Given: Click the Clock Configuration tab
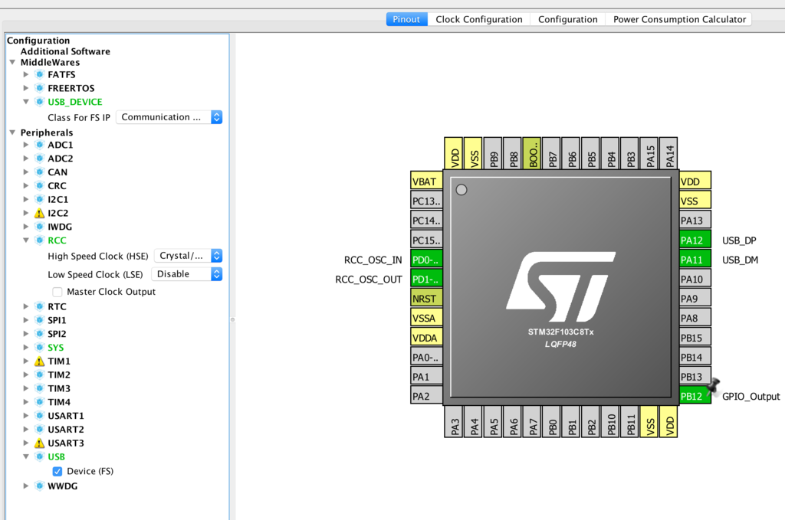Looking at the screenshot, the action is click(478, 19).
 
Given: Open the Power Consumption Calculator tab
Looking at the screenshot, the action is click(679, 19).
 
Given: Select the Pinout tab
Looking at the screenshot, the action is click(406, 19).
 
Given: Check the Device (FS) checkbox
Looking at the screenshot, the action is click(57, 472).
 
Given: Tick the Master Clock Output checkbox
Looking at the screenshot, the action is click(57, 292).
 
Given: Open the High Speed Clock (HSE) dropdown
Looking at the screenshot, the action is click(189, 256).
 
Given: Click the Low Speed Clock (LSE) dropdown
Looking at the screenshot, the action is click(187, 274).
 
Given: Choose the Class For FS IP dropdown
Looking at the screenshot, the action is click(169, 117).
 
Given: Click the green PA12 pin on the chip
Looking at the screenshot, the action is click(695, 240).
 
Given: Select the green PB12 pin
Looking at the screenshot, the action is click(695, 397).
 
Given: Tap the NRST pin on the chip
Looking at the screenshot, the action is click(426, 299).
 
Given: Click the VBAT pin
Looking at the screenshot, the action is click(426, 182).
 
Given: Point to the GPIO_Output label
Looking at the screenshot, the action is click(751, 397).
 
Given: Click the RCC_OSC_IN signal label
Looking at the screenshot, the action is click(373, 260).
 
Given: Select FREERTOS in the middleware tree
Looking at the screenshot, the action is click(71, 89).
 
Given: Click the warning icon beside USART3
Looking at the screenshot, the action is click(40, 443).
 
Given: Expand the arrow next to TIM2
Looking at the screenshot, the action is click(26, 374).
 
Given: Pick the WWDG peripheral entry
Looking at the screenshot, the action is click(63, 486).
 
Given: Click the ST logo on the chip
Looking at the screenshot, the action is click(560, 287).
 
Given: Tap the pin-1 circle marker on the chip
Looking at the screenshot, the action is click(461, 190).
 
